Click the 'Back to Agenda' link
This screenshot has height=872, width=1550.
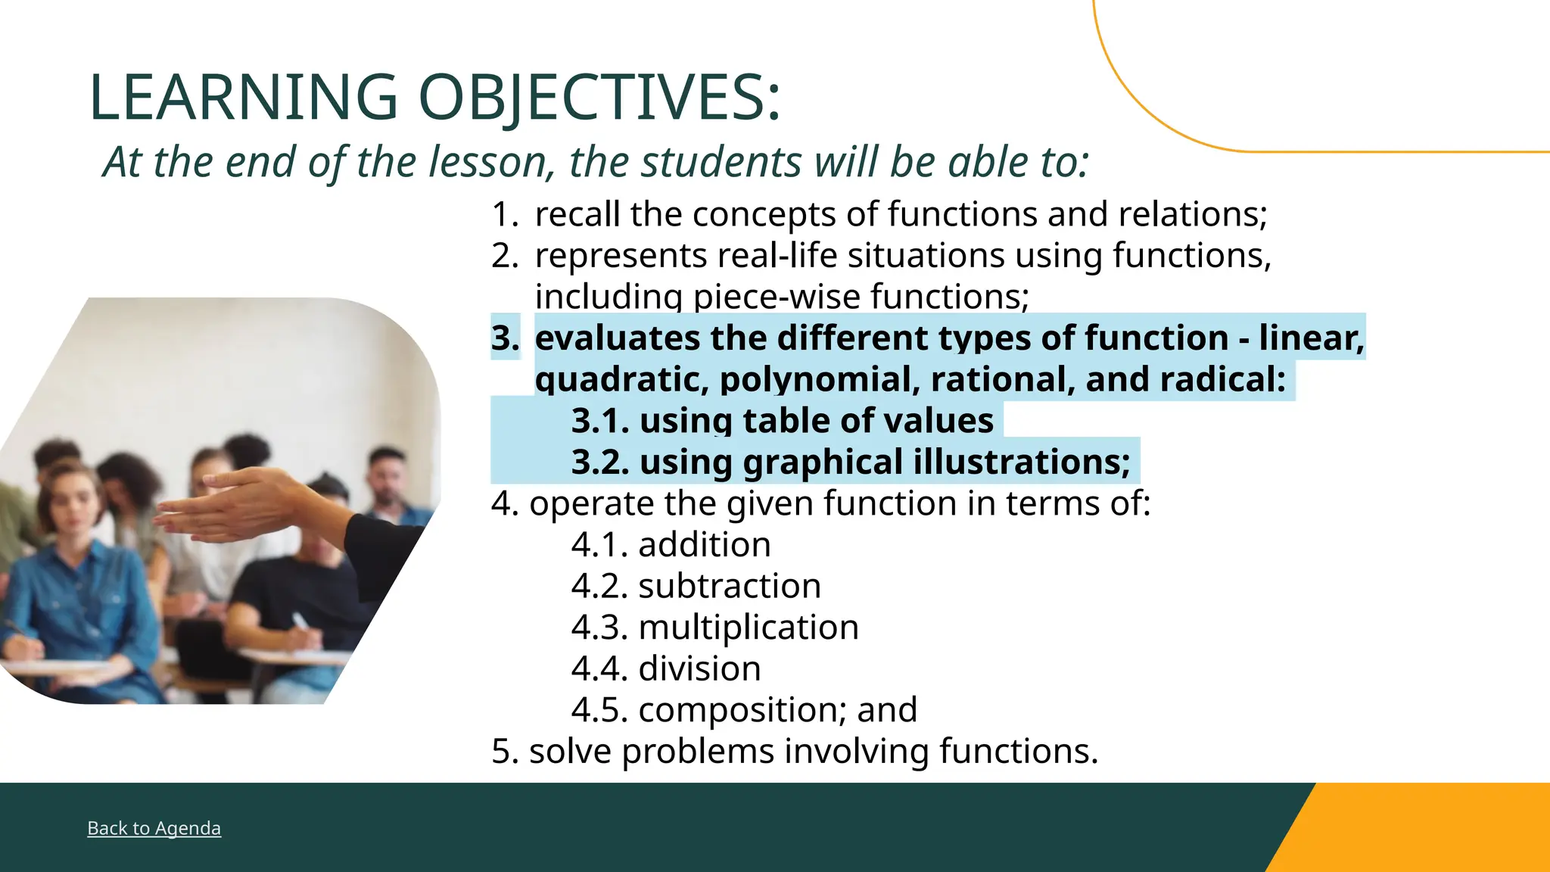154,828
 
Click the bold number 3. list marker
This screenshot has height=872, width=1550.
505,338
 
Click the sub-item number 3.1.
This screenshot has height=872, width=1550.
599,421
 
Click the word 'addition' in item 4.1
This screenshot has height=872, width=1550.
705,545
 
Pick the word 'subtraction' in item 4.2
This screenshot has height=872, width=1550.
730,587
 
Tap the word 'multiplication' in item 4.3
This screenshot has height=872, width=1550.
749,628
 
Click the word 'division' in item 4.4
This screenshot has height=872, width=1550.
699,669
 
